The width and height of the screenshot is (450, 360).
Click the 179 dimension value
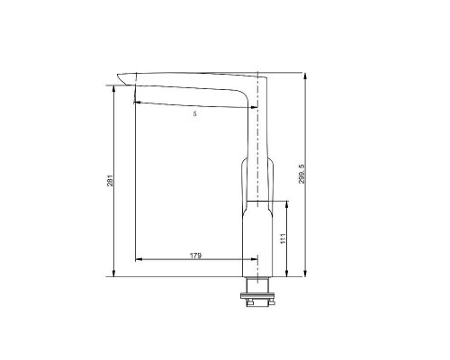tap(195, 256)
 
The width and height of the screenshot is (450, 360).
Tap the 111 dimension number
tap(282, 238)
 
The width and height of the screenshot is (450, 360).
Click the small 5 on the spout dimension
tap(195, 113)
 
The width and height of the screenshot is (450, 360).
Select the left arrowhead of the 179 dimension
tap(137, 262)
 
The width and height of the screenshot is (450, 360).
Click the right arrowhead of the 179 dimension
tap(255, 262)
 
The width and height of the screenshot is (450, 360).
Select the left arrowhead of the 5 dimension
tap(136, 102)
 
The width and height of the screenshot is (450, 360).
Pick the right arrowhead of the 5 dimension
tap(256, 108)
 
